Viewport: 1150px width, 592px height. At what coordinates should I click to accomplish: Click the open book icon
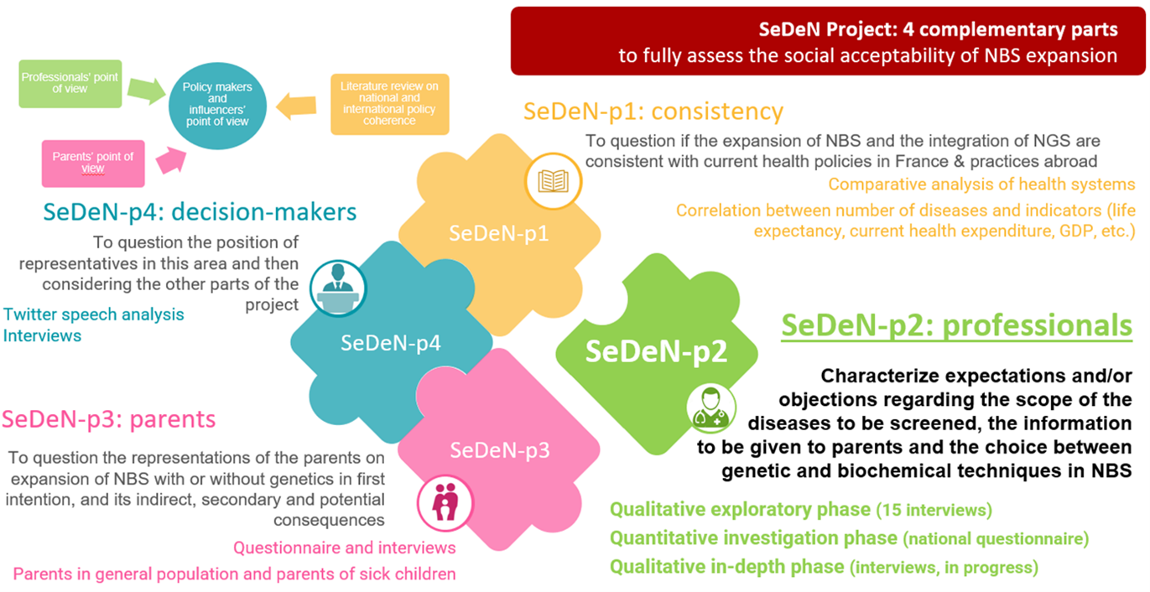(553, 181)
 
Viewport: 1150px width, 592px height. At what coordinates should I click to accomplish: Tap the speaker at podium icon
(338, 288)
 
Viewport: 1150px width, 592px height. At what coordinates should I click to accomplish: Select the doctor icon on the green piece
(711, 408)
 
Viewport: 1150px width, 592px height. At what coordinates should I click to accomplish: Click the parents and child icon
(445, 501)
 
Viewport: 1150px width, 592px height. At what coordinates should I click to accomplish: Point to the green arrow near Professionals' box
(146, 91)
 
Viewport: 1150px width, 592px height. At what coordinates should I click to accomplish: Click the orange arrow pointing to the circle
(296, 106)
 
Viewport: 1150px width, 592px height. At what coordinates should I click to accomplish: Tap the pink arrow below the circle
(171, 159)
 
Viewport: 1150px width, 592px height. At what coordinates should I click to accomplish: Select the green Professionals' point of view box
(70, 84)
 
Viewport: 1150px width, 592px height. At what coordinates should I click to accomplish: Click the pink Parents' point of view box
(93, 164)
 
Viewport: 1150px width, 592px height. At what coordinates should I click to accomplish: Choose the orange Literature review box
(390, 104)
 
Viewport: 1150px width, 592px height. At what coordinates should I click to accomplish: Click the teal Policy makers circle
(217, 106)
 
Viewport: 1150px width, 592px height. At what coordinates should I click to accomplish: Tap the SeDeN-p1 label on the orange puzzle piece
(499, 234)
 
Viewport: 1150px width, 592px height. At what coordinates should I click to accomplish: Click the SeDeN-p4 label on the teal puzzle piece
(391, 343)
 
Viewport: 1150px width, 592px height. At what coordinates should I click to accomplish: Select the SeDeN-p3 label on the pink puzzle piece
(500, 450)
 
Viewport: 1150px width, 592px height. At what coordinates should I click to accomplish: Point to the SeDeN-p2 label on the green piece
(656, 351)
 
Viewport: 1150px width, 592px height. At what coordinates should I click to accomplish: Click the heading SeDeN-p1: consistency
(653, 112)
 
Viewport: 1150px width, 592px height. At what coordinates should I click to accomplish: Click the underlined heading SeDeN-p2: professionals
(956, 326)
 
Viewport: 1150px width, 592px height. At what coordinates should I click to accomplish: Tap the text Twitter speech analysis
(93, 314)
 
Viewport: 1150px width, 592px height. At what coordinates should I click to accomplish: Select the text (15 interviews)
(934, 510)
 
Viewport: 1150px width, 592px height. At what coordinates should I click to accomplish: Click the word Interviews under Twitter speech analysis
(42, 335)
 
